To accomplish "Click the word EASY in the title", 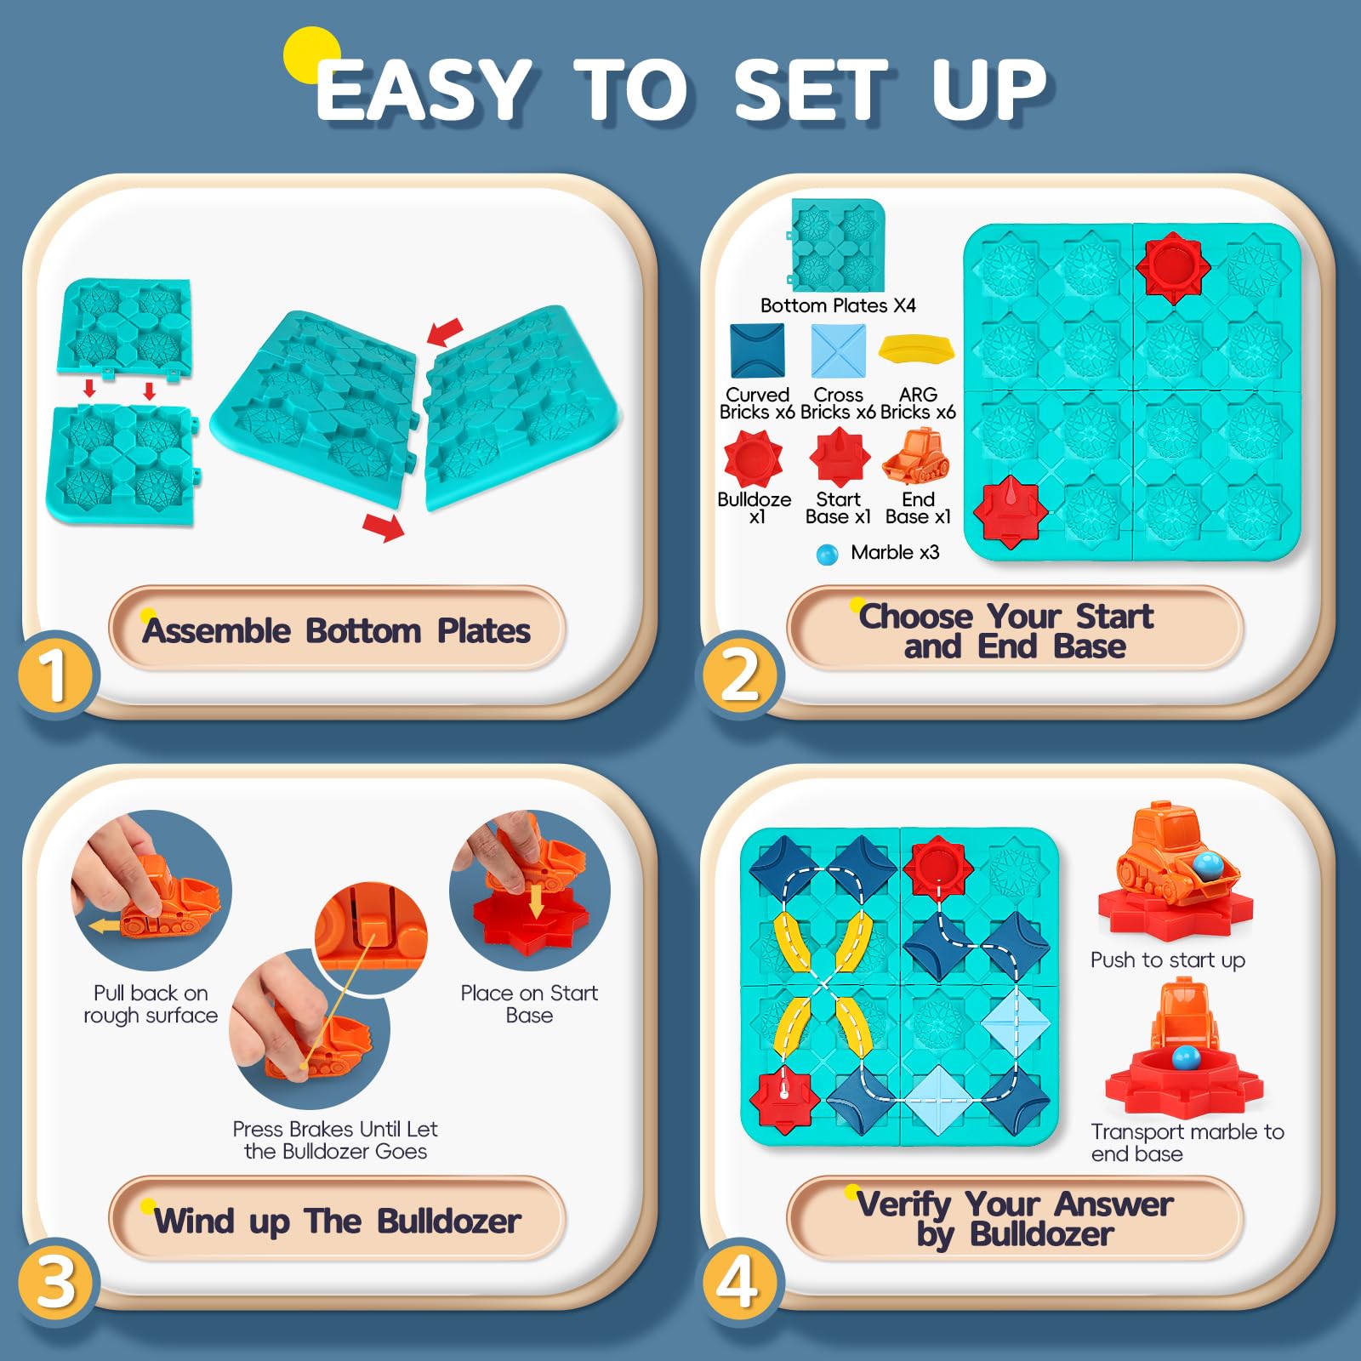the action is point(423,91).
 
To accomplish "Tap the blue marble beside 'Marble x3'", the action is point(827,555).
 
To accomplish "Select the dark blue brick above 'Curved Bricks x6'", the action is point(757,350).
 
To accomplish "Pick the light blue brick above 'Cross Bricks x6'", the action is point(838,350).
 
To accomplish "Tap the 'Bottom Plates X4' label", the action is point(838,305).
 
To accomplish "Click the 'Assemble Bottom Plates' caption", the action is point(337,631).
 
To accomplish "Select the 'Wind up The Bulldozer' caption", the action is point(337,1221).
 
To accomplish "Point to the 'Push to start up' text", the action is point(1168,960).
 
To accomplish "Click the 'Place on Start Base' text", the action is point(529,1004).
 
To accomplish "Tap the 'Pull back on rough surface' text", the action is point(151,1004).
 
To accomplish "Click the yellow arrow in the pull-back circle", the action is point(105,925).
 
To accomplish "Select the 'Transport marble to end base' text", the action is point(1187,1142).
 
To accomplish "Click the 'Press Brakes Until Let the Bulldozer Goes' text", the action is point(335,1140).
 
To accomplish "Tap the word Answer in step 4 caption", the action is point(1113,1204).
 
